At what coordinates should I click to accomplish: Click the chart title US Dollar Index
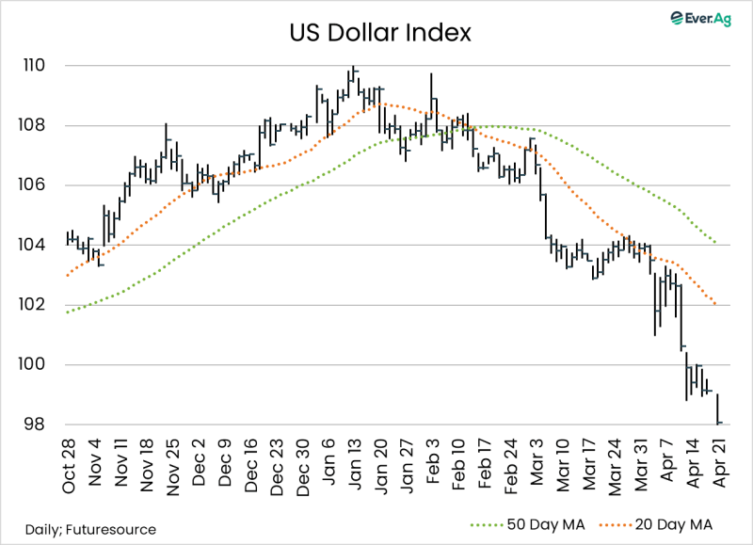[380, 34]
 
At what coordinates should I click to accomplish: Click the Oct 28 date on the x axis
[69, 466]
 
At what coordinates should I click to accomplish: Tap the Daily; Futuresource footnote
[84, 530]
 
